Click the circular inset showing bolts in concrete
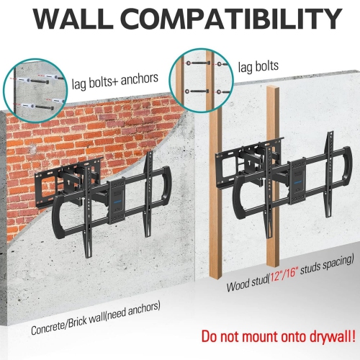click(33, 90)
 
